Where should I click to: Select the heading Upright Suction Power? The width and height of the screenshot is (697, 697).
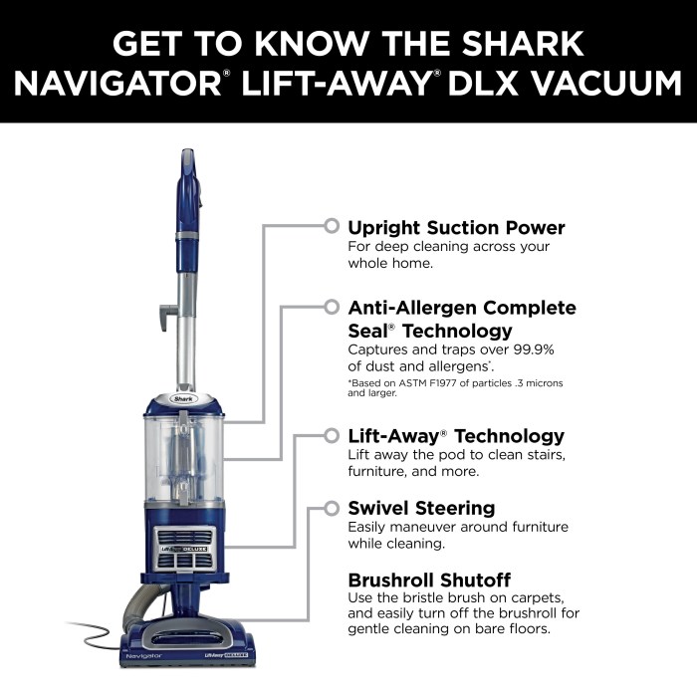tap(456, 227)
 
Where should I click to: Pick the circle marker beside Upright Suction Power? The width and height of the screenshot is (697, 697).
tap(331, 226)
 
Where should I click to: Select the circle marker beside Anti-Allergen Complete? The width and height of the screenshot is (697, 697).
tap(331, 308)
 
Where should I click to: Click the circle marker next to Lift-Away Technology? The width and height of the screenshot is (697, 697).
tap(331, 435)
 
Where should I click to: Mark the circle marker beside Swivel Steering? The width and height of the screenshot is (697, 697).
tap(331, 508)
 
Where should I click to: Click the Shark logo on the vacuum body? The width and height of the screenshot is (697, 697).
tap(185, 396)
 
